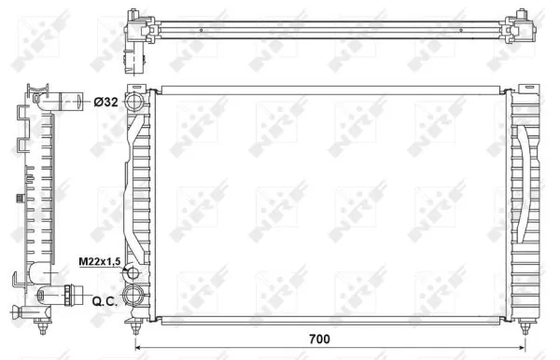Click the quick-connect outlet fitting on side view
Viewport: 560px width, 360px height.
pyautogui.click(x=60, y=299)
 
